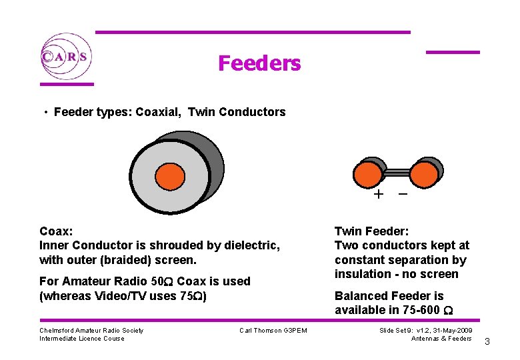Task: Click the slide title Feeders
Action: [x=259, y=63]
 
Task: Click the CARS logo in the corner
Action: [x=65, y=56]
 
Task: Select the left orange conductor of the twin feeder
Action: [x=367, y=174]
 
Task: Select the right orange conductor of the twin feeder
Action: [x=424, y=174]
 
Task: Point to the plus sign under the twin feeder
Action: [x=379, y=195]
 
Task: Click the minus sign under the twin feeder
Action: [x=403, y=194]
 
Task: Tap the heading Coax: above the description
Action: [x=57, y=231]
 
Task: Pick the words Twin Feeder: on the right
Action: [x=371, y=231]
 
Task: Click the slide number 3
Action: [x=487, y=342]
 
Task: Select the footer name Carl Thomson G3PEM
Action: [x=273, y=331]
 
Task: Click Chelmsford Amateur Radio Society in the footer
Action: [x=91, y=331]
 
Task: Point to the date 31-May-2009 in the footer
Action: [x=449, y=331]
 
